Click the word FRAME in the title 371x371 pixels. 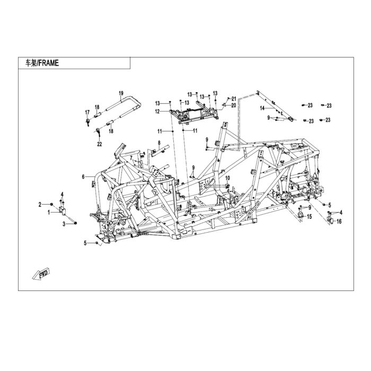49,63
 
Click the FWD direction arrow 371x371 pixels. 41,274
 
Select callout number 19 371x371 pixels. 121,93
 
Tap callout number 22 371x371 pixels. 100,144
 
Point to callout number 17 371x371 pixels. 87,112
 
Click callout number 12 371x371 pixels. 157,111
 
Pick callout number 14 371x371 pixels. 262,108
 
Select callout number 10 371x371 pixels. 227,178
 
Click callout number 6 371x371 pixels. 83,176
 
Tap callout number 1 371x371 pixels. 49,213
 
